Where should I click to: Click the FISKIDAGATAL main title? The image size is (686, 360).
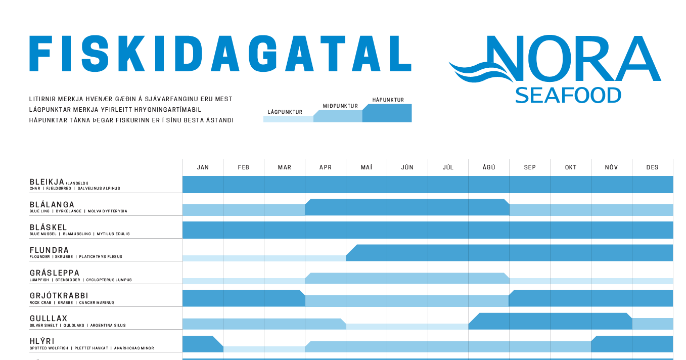tap(220, 54)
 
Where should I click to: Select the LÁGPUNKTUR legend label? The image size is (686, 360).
tap(285, 112)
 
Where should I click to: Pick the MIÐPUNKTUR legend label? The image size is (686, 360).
tap(340, 106)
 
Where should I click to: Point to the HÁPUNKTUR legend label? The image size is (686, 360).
tap(388, 100)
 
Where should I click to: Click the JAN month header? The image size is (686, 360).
tap(203, 167)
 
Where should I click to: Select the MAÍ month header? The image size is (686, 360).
tap(367, 167)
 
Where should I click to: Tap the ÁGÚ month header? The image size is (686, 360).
tap(489, 167)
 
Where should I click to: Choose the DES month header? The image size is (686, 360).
tap(652, 167)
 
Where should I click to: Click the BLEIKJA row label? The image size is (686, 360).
tap(47, 182)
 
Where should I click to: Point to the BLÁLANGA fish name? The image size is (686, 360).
tap(52, 205)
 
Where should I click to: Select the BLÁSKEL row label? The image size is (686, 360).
tap(49, 228)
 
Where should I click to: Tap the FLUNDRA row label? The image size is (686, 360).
tap(50, 250)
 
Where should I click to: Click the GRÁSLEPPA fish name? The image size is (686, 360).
tap(55, 273)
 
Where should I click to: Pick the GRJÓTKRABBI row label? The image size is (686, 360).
tap(59, 296)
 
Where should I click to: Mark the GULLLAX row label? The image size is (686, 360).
tap(49, 319)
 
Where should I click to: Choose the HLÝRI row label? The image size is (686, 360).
tap(42, 341)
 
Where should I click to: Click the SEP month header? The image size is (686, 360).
tap(530, 167)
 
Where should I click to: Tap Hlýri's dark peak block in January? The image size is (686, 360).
tap(200, 344)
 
